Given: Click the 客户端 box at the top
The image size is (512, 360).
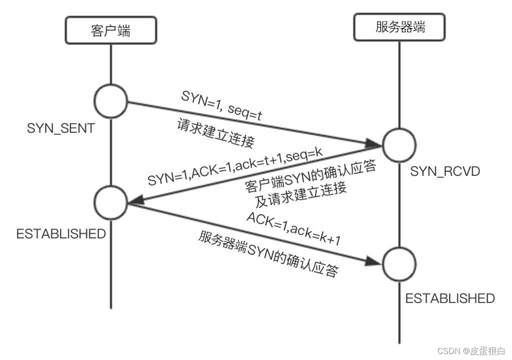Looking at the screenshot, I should (111, 30).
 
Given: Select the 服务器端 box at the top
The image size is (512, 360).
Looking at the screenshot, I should (399, 27).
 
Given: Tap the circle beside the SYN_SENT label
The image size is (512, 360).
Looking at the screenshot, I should (111, 100).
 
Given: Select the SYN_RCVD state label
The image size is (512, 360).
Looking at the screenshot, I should (445, 171).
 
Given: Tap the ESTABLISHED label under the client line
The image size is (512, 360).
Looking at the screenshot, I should (61, 233).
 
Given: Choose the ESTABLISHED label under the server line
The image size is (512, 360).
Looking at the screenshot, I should (449, 298).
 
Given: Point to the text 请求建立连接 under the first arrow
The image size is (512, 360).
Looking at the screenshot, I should (215, 133).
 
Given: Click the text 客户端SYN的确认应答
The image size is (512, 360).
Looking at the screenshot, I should (310, 176).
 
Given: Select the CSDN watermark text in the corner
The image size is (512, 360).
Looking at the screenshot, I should (471, 351).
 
